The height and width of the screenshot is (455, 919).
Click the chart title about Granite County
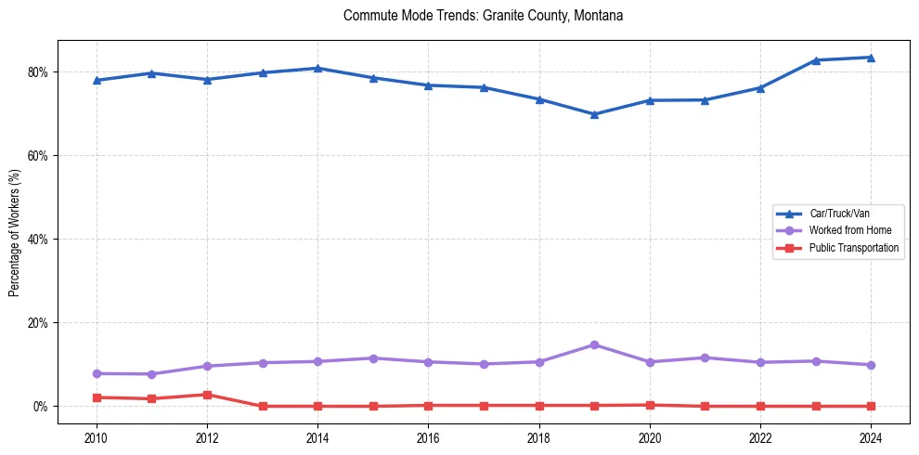click(x=483, y=16)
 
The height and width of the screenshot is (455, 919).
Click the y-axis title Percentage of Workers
click(x=14, y=232)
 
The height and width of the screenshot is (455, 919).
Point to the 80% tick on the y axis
click(x=36, y=72)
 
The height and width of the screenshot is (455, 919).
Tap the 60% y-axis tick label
click(x=36, y=156)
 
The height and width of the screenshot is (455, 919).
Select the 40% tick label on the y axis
click(x=36, y=240)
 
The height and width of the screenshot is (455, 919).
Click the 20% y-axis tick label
click(x=36, y=323)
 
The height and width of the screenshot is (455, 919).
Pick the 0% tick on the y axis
click(x=39, y=407)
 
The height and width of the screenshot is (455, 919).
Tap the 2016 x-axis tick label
click(x=428, y=437)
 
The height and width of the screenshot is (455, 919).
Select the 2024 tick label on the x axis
click(x=871, y=437)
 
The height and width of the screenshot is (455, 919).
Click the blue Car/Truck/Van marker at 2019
click(x=594, y=114)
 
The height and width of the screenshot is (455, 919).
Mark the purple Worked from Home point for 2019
click(x=594, y=345)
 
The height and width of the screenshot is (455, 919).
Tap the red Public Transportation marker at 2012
click(x=207, y=395)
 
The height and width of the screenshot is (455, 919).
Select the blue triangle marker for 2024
click(x=871, y=58)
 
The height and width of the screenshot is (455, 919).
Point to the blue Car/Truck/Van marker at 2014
click(x=317, y=68)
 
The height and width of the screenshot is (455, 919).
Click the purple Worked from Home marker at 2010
click(x=96, y=373)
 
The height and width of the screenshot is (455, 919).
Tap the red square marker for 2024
click(x=871, y=406)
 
